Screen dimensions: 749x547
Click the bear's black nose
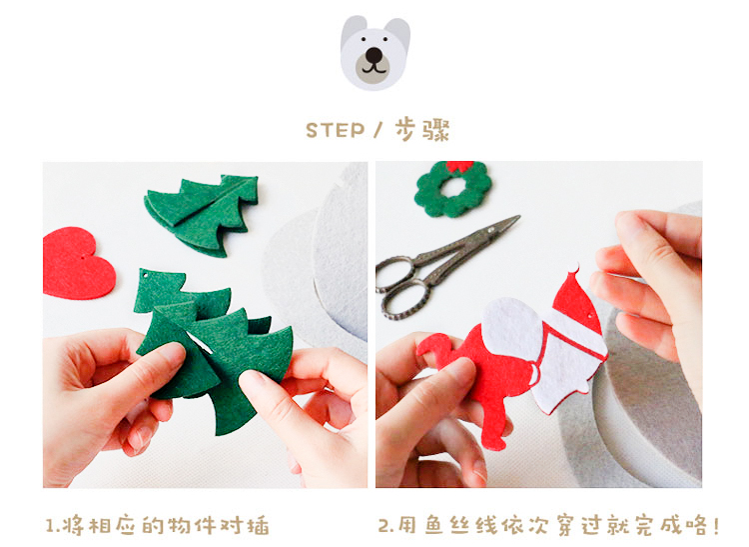[x=374, y=55]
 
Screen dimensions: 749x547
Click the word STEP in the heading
[x=335, y=131]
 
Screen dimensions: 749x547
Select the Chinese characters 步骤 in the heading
[x=422, y=130]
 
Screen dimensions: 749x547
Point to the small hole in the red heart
[x=84, y=257]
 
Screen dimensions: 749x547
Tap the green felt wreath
[x=452, y=189]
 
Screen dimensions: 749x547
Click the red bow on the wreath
[x=459, y=165]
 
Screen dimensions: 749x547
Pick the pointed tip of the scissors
[x=518, y=217]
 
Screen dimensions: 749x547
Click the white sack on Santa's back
[x=512, y=329]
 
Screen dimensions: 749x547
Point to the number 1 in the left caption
[x=49, y=526]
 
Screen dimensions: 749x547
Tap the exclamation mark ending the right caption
[x=715, y=525]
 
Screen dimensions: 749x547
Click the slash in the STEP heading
[x=378, y=130]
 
